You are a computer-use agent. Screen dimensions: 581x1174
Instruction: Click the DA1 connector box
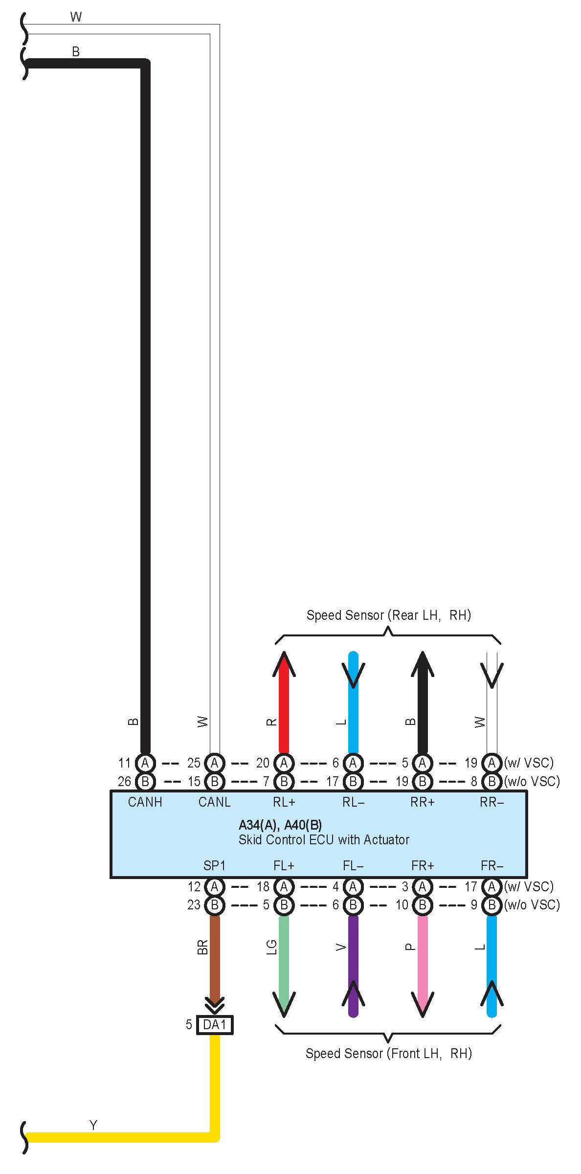[215, 1024]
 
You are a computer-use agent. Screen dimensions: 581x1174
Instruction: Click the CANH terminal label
[145, 802]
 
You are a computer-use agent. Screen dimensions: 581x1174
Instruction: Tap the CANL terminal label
[214, 802]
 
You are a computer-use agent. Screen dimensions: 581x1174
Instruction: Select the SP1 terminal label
[214, 865]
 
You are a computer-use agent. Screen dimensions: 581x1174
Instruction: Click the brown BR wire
[214, 954]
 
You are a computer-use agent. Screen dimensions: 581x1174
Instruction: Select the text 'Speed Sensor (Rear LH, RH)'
[388, 615]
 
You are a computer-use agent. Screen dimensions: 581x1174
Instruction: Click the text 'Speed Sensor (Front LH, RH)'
[388, 1053]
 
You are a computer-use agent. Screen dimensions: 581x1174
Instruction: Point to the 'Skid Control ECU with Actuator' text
[324, 840]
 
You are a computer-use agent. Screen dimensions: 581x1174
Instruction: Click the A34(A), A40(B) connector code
[280, 825]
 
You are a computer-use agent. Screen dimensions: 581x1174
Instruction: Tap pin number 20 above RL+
[263, 763]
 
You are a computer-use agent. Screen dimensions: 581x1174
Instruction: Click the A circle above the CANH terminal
[145, 763]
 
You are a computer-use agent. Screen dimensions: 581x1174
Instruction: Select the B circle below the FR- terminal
[492, 905]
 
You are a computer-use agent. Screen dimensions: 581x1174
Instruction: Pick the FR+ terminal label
[423, 865]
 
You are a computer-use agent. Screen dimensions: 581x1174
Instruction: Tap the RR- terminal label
[492, 802]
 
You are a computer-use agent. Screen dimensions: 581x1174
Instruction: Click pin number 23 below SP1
[194, 905]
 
